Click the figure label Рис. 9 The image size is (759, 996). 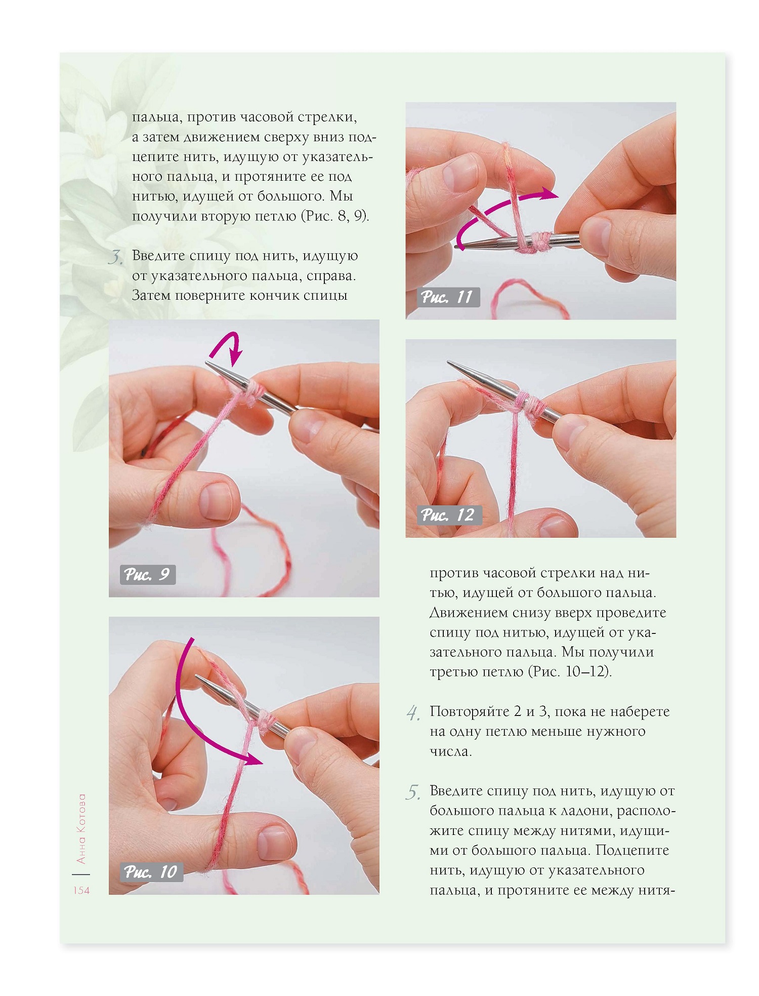click(x=147, y=574)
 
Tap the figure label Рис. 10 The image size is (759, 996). click(x=151, y=872)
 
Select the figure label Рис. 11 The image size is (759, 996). click(x=447, y=297)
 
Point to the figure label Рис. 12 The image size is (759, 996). click(x=448, y=515)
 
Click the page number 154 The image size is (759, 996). click(x=81, y=890)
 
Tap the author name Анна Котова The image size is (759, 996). click(x=81, y=829)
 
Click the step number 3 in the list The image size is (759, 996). click(x=115, y=257)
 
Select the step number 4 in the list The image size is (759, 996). click(x=413, y=713)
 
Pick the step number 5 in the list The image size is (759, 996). click(x=413, y=792)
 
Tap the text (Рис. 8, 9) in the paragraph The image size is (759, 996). click(x=335, y=216)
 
